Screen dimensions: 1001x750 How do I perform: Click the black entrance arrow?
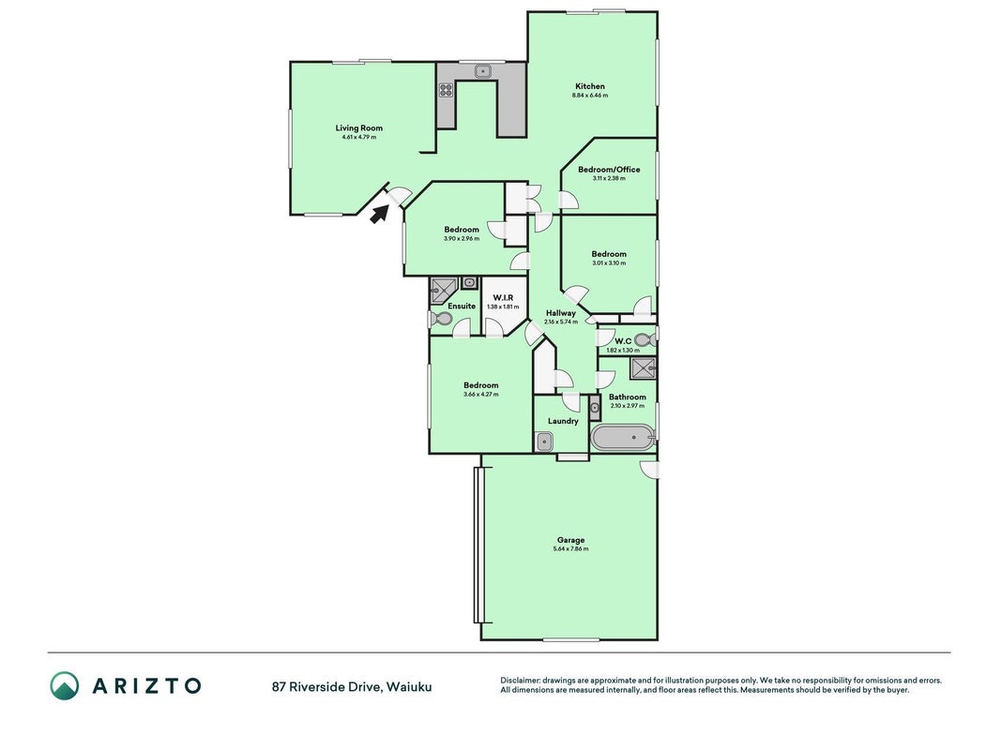379,215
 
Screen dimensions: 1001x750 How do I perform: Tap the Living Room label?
358,128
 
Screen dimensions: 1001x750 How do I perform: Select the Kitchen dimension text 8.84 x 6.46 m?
590,96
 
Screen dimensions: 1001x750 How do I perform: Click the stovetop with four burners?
446,90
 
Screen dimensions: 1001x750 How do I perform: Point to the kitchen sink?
483,71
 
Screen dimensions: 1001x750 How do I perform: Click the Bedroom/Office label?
609,170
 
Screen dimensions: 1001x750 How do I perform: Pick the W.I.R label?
503,298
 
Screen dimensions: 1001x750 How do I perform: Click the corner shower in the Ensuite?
444,291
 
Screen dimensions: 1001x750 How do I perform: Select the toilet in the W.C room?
645,340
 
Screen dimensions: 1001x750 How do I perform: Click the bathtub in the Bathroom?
623,438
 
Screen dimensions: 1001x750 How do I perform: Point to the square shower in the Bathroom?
643,368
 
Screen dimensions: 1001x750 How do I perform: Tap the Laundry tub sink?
544,442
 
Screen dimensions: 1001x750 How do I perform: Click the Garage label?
570,540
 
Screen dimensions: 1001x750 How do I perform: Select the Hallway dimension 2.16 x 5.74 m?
560,322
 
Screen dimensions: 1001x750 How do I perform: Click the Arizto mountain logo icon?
65,685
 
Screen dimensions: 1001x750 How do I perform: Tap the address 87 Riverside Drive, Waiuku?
352,687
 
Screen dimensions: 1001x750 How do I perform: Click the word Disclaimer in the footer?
521,681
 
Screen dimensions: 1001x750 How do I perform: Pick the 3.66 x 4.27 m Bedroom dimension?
480,395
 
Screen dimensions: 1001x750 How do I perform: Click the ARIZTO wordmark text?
147,685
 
